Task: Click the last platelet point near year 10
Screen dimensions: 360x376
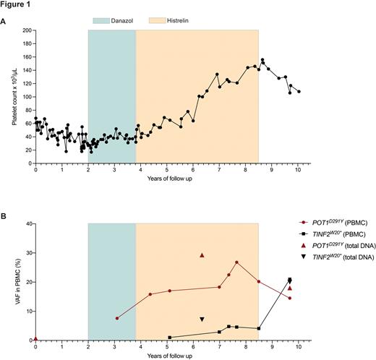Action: [x=299, y=91]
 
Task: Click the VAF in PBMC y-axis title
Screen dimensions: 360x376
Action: [x=14, y=282]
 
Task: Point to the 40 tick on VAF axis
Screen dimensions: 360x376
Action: [x=28, y=223]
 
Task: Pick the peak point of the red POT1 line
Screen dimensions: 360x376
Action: [x=236, y=262]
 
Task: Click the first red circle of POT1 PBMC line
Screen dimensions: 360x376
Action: [x=117, y=318]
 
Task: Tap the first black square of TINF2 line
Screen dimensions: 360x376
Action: [x=170, y=338]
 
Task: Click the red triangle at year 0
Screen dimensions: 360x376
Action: [x=35, y=338]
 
